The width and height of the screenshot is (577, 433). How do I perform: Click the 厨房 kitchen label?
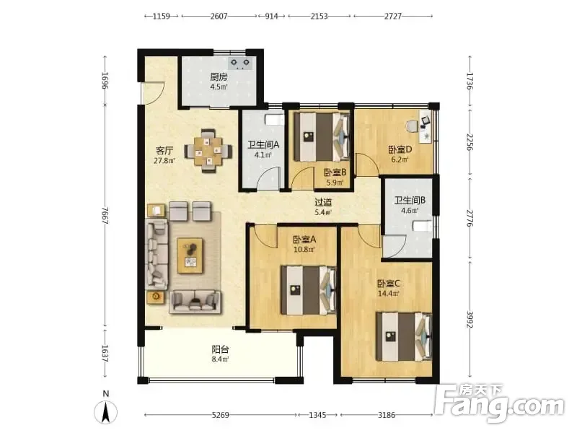click(x=219, y=77)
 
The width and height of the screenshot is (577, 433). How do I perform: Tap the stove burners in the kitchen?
click(x=240, y=64)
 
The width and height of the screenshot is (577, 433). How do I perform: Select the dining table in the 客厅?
click(x=208, y=151)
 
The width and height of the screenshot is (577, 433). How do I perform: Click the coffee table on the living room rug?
click(x=190, y=255)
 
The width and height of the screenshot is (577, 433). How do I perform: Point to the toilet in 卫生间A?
click(x=274, y=120)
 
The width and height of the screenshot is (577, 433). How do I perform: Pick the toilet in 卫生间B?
click(x=422, y=226)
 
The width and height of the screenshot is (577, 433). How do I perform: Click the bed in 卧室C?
click(x=403, y=336)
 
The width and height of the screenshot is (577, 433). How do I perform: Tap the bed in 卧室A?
click(x=309, y=290)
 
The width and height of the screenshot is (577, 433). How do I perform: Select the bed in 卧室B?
click(x=321, y=136)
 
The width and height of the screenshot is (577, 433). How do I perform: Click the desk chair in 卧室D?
click(x=413, y=126)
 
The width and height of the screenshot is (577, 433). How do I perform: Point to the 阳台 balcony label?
click(x=220, y=349)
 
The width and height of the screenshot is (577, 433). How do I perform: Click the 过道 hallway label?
click(x=323, y=202)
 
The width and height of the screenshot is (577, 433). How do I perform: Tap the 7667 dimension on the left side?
click(x=105, y=216)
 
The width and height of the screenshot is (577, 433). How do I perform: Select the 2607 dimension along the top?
click(x=219, y=16)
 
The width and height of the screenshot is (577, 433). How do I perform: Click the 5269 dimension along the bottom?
click(x=220, y=415)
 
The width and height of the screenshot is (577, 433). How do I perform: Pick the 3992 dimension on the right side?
click(x=470, y=319)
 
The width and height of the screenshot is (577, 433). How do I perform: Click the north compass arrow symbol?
click(x=105, y=411)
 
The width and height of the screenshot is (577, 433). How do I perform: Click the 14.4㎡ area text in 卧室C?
click(x=389, y=294)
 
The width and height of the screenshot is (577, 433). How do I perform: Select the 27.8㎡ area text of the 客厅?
click(x=164, y=160)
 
